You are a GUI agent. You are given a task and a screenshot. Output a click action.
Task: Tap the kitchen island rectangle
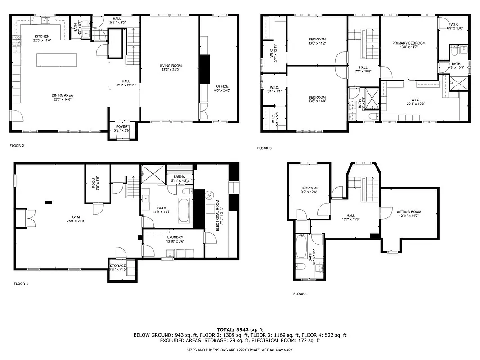click(57, 60)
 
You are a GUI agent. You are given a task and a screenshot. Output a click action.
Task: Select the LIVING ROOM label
click(170, 66)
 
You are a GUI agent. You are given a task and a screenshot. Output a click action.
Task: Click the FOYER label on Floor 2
click(122, 127)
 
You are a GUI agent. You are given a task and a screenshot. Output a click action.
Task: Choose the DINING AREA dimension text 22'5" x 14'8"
click(62, 99)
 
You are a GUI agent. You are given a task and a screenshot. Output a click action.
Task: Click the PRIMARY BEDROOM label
click(408, 43)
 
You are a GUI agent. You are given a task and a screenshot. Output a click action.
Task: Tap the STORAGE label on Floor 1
click(118, 265)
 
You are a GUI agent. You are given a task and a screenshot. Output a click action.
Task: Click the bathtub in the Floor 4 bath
click(301, 249)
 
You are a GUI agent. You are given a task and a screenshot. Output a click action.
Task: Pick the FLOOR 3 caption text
click(264, 148)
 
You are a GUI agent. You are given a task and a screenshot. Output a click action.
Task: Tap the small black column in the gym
click(48, 202)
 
